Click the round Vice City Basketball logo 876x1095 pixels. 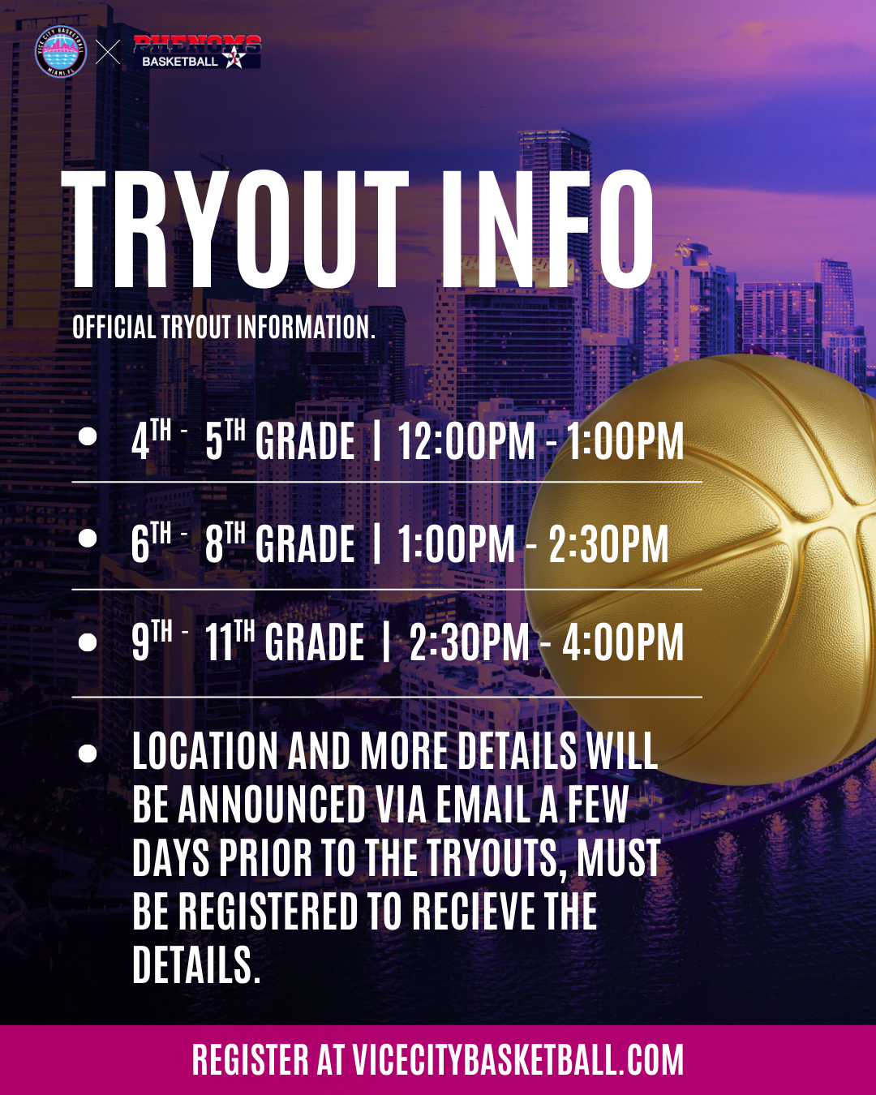tap(61, 52)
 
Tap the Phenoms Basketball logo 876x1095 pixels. tap(197, 52)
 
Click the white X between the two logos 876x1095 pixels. tap(108, 52)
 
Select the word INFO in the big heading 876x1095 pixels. tap(547, 230)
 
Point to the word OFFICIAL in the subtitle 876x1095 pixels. tap(114, 327)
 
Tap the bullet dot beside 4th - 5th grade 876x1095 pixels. tap(88, 437)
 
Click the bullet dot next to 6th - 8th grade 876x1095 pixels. tap(88, 538)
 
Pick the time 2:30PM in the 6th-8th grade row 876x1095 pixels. tap(608, 544)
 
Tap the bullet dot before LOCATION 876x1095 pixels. tap(88, 754)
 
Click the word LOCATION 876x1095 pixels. tap(205, 751)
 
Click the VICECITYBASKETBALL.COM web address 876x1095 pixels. tap(517, 1059)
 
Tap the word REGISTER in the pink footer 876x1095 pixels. tap(251, 1059)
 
